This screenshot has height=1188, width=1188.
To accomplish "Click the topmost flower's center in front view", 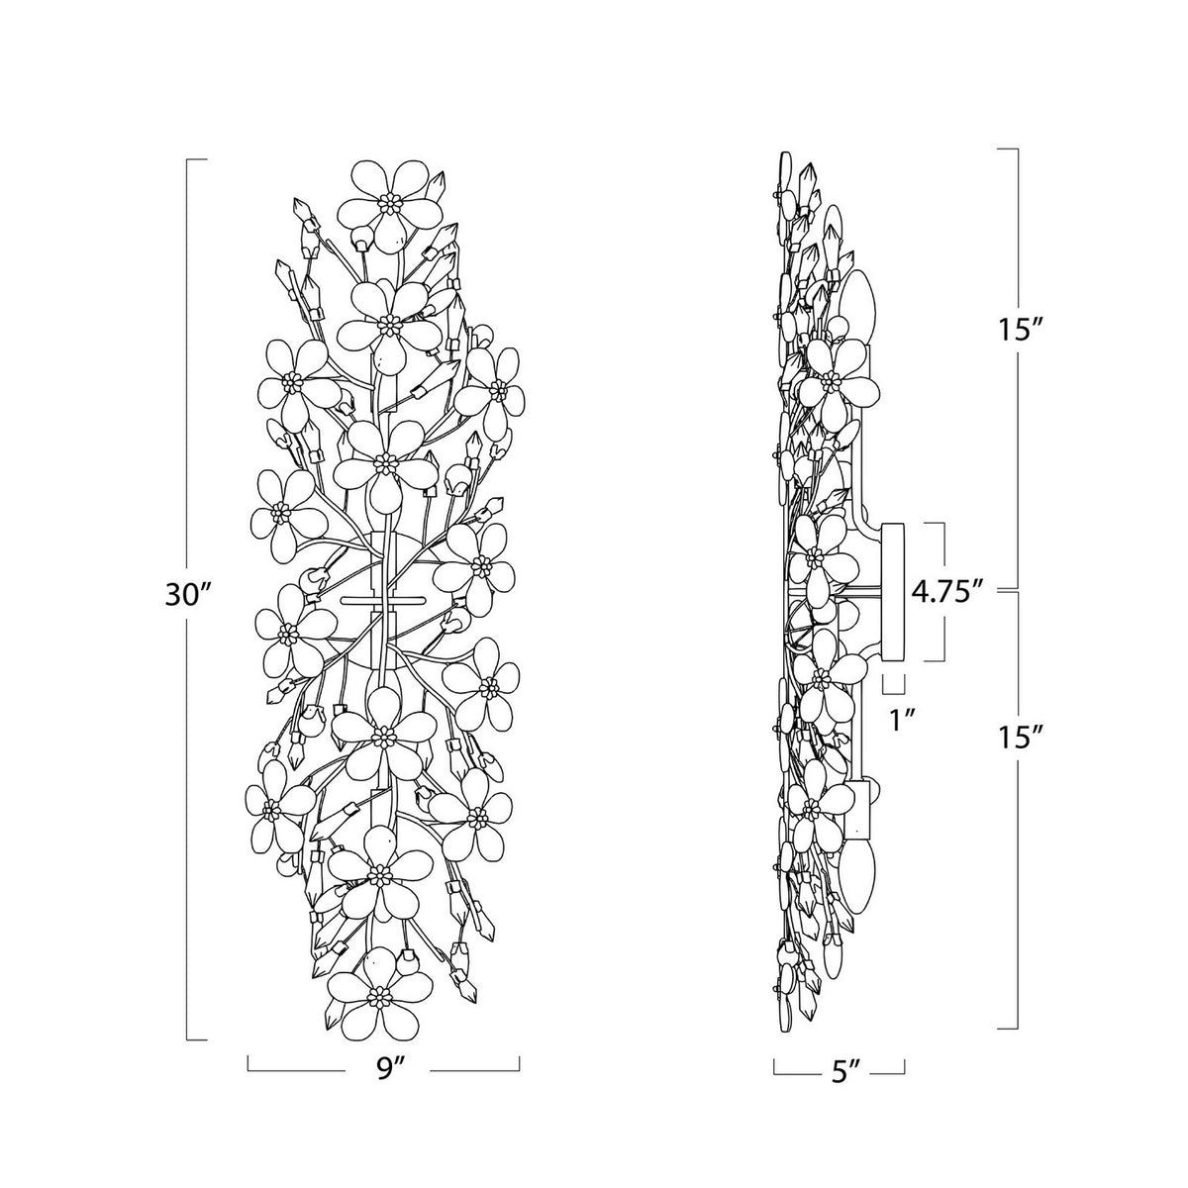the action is (390, 203).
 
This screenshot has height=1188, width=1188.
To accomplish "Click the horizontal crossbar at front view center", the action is (383, 599).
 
